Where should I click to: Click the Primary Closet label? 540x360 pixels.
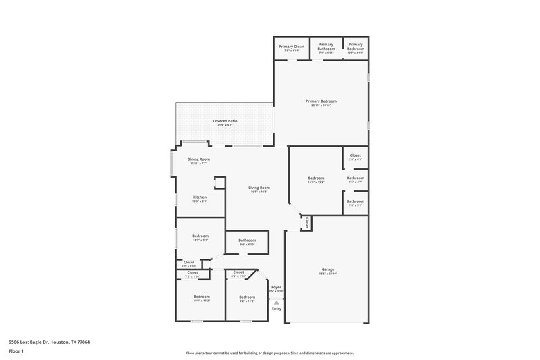(292, 46)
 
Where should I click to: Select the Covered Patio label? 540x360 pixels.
(225, 121)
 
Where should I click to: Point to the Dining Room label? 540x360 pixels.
(198, 159)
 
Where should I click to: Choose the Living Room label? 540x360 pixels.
(259, 188)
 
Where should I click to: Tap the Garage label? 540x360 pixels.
(327, 269)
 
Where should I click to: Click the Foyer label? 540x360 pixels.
(276, 287)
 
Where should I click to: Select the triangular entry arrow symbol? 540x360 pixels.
(276, 302)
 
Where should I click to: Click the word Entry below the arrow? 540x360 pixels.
(276, 309)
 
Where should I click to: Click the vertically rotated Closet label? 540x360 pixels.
(306, 222)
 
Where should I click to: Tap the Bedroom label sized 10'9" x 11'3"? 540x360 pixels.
(202, 297)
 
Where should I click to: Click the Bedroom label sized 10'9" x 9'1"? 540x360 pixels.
(200, 236)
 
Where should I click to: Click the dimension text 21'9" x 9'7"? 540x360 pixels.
(225, 126)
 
